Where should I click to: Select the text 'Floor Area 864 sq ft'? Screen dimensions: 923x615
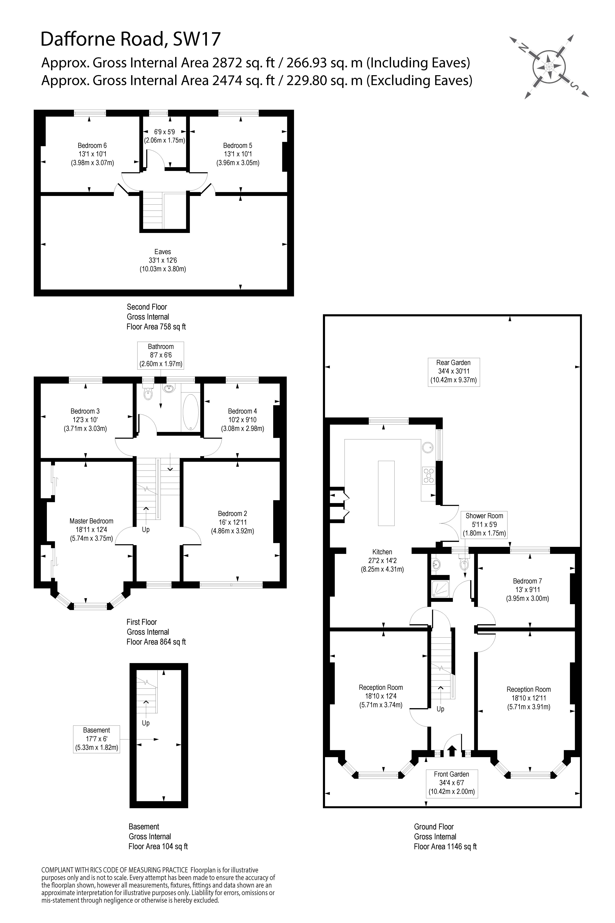(x=156, y=642)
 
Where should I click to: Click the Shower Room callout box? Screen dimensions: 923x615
(x=484, y=525)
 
